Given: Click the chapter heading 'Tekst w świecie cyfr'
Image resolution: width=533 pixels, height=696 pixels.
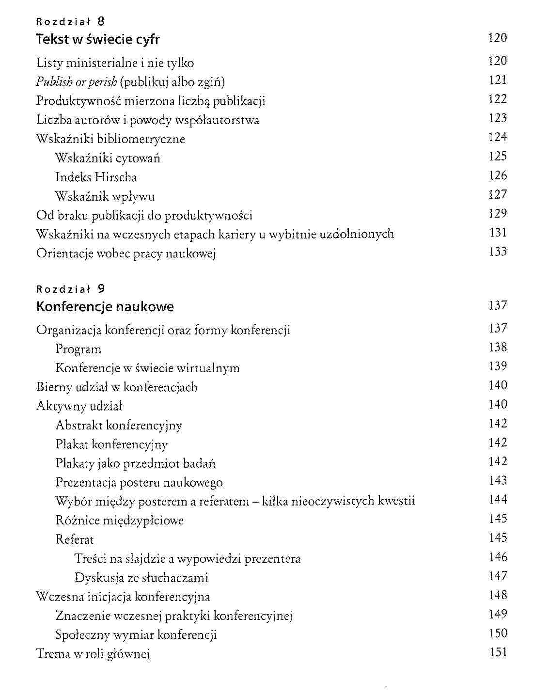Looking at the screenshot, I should (x=98, y=39).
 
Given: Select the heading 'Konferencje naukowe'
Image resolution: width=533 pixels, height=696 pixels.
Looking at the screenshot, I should (x=105, y=307).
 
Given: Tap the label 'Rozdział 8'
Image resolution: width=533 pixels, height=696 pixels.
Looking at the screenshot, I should (x=70, y=21).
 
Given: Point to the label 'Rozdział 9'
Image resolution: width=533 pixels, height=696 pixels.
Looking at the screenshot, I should (x=70, y=289).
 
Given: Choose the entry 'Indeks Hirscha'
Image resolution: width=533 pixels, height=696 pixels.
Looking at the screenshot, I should (x=96, y=177).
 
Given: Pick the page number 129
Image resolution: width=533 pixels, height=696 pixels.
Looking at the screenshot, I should (x=498, y=214).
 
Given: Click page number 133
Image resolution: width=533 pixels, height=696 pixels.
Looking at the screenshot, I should (x=498, y=252).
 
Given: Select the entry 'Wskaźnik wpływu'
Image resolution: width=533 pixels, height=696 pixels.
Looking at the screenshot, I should (x=105, y=196).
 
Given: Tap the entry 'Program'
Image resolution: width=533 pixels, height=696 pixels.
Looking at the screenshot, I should (x=78, y=349).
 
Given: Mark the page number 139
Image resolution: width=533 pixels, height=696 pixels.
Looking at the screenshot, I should (x=498, y=366).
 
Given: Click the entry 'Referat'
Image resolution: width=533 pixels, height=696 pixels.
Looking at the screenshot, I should (x=75, y=539).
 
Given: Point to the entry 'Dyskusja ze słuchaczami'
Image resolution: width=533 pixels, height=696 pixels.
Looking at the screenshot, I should (x=141, y=578).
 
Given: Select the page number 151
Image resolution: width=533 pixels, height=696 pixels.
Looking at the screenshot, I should (x=498, y=652).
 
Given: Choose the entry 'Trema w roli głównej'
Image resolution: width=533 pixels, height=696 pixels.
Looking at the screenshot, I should (x=93, y=654).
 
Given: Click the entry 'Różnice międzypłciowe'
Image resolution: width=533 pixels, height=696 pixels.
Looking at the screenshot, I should (x=120, y=521).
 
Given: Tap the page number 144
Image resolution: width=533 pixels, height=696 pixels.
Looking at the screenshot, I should (x=498, y=500).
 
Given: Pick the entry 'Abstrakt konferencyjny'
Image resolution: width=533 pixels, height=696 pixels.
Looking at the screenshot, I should (x=119, y=426).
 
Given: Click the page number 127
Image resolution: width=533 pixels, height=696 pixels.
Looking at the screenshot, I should (x=498, y=195).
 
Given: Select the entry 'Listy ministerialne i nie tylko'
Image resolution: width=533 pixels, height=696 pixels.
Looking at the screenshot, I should (x=115, y=63).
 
